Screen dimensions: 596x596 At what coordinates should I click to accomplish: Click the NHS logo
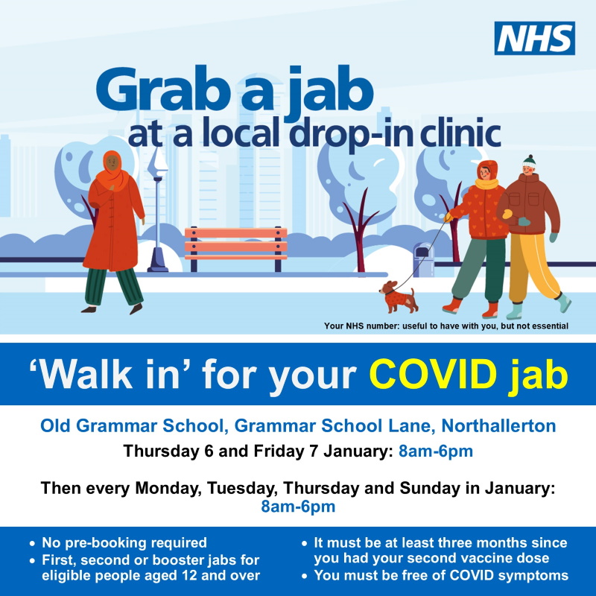click(x=534, y=38)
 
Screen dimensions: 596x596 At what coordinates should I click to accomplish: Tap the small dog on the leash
click(x=399, y=297)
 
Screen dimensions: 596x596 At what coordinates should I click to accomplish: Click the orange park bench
click(x=235, y=248)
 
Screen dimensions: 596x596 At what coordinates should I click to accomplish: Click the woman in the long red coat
click(x=113, y=232)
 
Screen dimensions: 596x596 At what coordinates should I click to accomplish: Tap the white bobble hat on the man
click(x=529, y=162)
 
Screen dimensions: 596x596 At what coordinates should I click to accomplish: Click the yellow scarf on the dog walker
click(x=486, y=184)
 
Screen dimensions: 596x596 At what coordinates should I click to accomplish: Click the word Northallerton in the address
click(x=498, y=425)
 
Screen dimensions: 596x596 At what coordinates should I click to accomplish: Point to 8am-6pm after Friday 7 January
click(x=436, y=451)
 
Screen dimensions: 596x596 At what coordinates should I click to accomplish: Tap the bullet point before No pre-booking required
click(x=32, y=544)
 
